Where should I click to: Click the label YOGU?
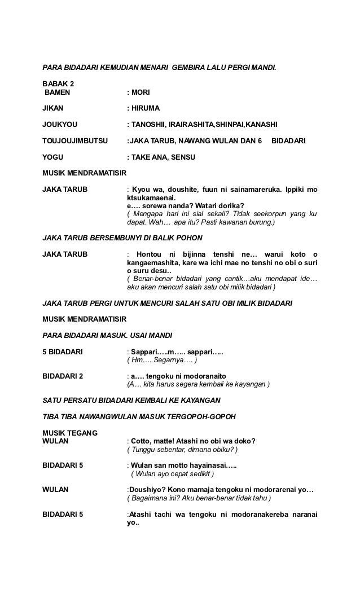[54, 156]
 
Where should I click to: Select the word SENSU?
[183, 156]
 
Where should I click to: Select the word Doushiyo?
[147, 490]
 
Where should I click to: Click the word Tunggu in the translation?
[144, 450]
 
